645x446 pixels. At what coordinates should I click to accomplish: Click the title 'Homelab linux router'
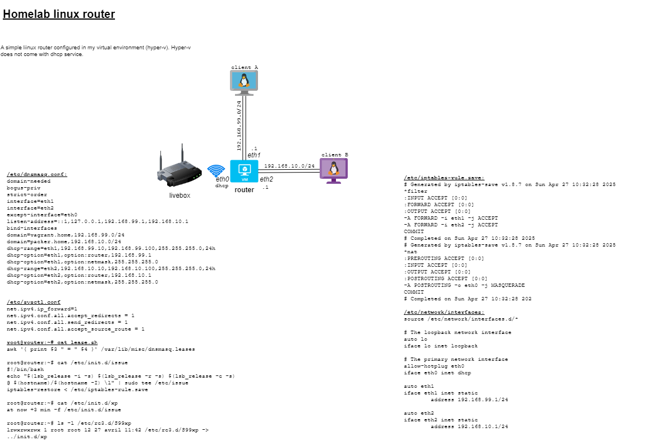(59, 15)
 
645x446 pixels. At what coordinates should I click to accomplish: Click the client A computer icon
(244, 82)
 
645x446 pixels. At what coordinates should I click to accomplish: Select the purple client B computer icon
(334, 170)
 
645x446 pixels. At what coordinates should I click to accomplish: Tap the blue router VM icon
(244, 171)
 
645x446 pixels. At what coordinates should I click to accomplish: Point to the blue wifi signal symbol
(216, 170)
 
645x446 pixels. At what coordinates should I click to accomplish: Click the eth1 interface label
(254, 155)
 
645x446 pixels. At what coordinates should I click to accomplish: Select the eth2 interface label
(266, 179)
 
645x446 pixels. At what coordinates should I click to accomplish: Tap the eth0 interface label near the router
(223, 179)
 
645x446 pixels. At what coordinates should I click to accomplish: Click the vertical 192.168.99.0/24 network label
(239, 126)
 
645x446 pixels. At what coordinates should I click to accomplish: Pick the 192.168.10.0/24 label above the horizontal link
(289, 166)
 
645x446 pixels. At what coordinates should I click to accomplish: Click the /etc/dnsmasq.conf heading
(36, 174)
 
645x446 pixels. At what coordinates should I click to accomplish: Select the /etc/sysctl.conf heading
(33, 302)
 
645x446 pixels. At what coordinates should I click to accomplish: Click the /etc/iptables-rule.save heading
(440, 178)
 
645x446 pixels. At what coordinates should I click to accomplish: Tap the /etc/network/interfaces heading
(444, 312)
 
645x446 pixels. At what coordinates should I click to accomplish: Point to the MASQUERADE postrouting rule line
(464, 285)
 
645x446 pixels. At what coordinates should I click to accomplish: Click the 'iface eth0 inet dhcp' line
(437, 373)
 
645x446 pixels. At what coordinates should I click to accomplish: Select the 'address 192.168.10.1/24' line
(469, 426)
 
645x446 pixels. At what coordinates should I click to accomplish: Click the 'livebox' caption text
(179, 196)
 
